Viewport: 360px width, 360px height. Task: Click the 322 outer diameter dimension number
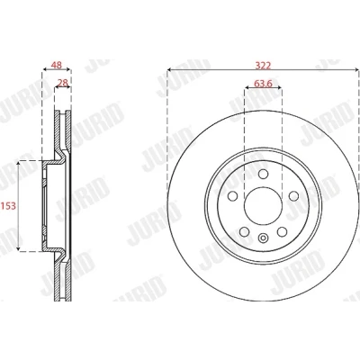(263, 66)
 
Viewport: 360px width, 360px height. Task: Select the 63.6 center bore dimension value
(263, 84)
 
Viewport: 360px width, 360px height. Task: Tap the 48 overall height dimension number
(57, 65)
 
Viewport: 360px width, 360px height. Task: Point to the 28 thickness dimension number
(63, 83)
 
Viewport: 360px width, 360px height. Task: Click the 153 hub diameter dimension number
(8, 206)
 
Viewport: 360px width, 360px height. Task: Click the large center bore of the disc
(263, 206)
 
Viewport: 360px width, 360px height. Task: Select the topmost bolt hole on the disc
(263, 174)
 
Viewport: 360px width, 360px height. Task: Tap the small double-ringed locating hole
(263, 238)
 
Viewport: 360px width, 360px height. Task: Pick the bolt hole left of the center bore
(232, 196)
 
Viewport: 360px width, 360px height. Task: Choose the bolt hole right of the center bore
(293, 196)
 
